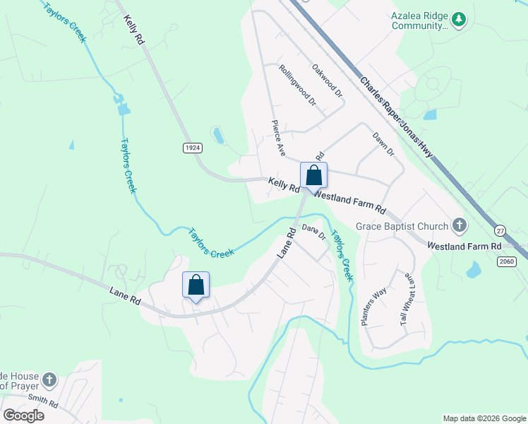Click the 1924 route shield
192,147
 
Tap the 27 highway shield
500,231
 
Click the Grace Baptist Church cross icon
459,226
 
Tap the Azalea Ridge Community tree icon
460,20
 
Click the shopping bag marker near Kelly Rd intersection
313,175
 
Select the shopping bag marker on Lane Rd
196,285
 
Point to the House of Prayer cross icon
49,380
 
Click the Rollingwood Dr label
296,86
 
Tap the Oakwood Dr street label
327,80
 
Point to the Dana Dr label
313,231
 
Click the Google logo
23,415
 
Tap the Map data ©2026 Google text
484,418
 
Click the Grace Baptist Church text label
402,226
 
